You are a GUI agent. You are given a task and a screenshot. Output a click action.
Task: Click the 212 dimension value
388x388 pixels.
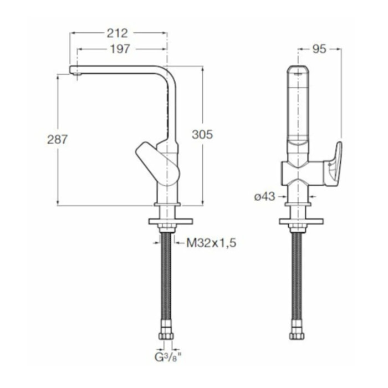coord(117,33)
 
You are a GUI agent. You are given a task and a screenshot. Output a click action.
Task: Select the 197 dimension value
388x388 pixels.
coord(120,49)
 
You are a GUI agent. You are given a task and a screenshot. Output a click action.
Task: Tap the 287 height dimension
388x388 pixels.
coord(57,140)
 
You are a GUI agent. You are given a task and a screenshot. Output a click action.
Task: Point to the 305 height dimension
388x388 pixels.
coord(202,135)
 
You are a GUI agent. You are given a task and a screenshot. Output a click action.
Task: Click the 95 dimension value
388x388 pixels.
coord(319,49)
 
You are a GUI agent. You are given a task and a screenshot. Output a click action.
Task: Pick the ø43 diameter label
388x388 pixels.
coord(264,197)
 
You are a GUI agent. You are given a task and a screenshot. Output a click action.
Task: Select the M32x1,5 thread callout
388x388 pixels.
coord(211,243)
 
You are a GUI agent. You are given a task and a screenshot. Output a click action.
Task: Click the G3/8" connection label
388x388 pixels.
coord(168,357)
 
